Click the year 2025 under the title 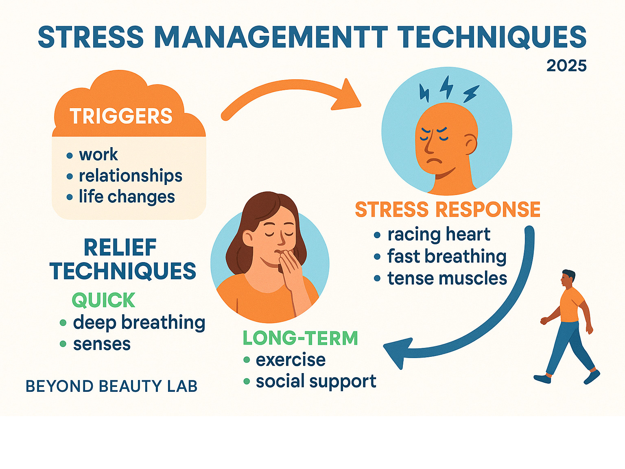coord(566,66)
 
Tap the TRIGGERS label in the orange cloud coord(121,116)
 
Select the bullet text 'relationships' coord(130,176)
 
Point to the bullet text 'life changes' coord(127,197)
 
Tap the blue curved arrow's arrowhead coord(396,352)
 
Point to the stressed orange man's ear coord(471,144)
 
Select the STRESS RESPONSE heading coord(448,210)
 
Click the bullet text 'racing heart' coord(439,234)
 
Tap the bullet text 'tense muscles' coord(447,279)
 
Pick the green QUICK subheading coord(103,300)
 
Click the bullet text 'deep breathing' coord(139,323)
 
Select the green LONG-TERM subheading coord(300,338)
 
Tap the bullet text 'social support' coord(316,381)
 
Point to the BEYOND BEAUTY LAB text coord(111,386)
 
